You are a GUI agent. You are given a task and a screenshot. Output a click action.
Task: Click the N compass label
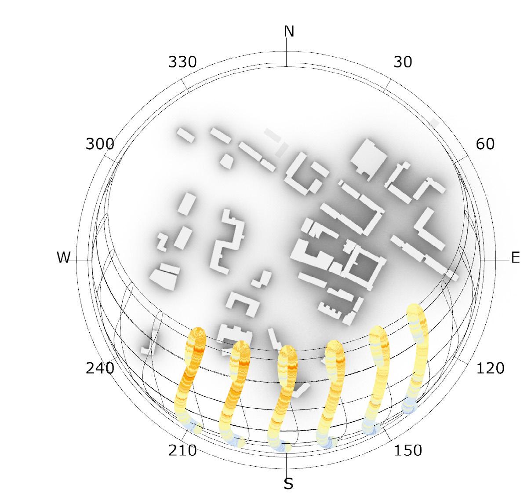click(x=289, y=31)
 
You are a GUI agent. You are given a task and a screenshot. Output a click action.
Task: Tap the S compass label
click(x=288, y=484)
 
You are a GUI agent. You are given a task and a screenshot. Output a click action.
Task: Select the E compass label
click(x=515, y=258)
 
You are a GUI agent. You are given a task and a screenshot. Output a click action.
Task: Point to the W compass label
click(x=64, y=257)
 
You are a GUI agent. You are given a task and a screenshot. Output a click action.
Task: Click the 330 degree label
click(x=182, y=62)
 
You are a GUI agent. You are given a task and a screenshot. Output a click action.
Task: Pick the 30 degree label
click(x=403, y=62)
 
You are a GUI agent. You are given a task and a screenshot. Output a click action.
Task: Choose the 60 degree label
click(x=485, y=144)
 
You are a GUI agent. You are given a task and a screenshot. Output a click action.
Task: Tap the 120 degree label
click(x=491, y=368)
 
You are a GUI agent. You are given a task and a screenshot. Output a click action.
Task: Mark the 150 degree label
click(x=408, y=450)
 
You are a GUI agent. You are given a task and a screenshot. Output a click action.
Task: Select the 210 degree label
click(x=182, y=450)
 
